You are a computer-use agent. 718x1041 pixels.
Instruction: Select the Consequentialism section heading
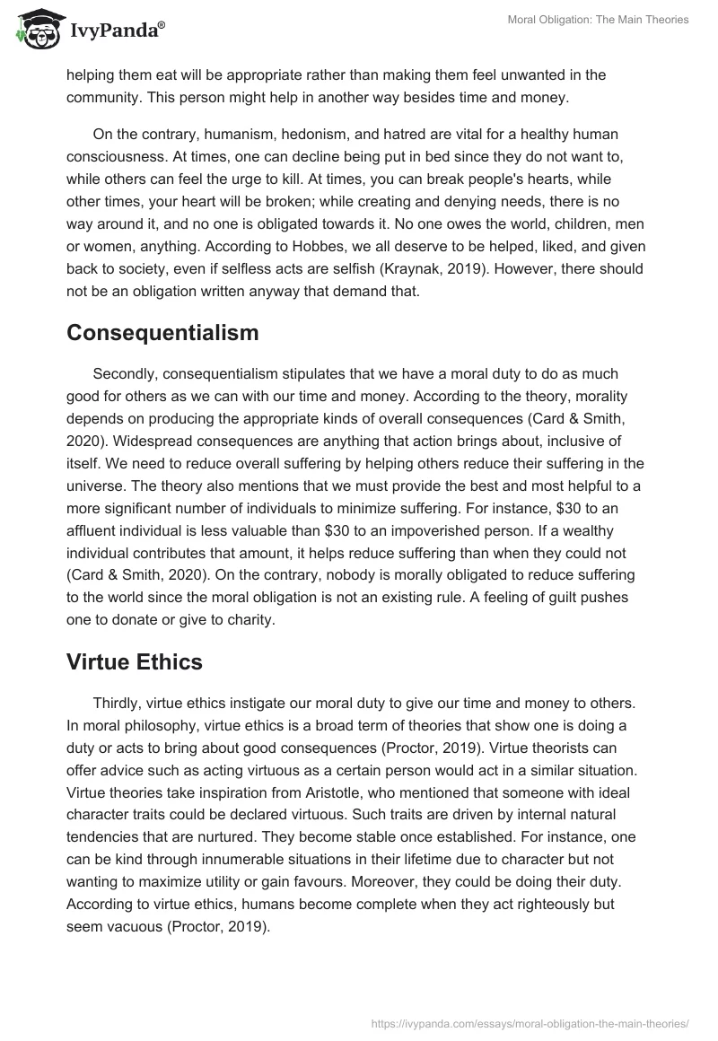pyautogui.click(x=162, y=333)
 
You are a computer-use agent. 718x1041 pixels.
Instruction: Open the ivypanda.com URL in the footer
pyautogui.click(x=530, y=1022)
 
